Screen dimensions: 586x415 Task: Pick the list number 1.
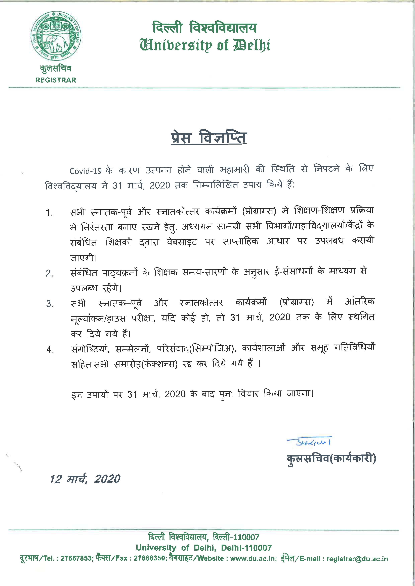[x=49, y=213]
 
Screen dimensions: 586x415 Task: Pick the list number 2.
[x=49, y=273]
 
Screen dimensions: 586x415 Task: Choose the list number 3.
[x=49, y=304]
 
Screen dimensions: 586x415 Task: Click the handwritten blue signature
[x=309, y=441]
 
